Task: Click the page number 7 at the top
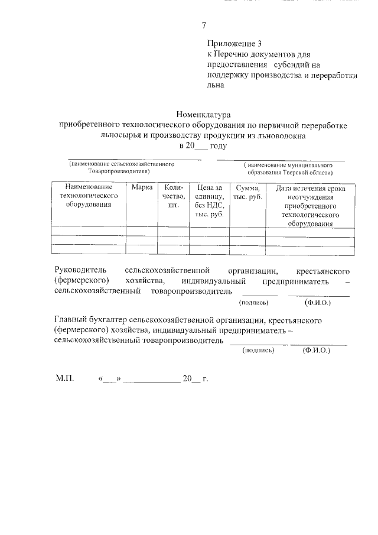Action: (x=204, y=25)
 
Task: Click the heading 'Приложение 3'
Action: (x=234, y=44)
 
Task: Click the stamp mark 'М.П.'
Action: (x=65, y=378)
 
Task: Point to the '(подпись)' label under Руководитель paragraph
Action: (x=255, y=302)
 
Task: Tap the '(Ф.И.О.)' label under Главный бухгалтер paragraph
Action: (x=316, y=350)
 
